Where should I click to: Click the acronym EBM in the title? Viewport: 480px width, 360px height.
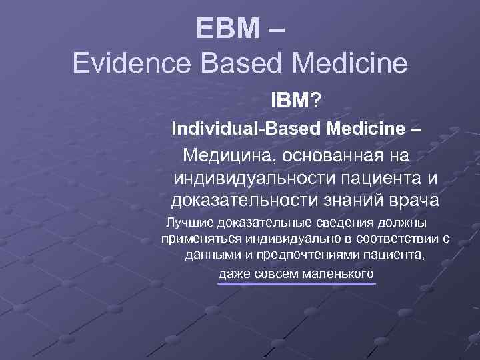point(228,29)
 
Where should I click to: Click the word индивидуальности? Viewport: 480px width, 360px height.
point(256,178)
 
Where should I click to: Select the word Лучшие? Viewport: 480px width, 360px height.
point(189,222)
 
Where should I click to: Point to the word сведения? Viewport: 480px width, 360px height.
point(347,222)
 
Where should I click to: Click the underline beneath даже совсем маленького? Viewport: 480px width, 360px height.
point(297,283)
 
